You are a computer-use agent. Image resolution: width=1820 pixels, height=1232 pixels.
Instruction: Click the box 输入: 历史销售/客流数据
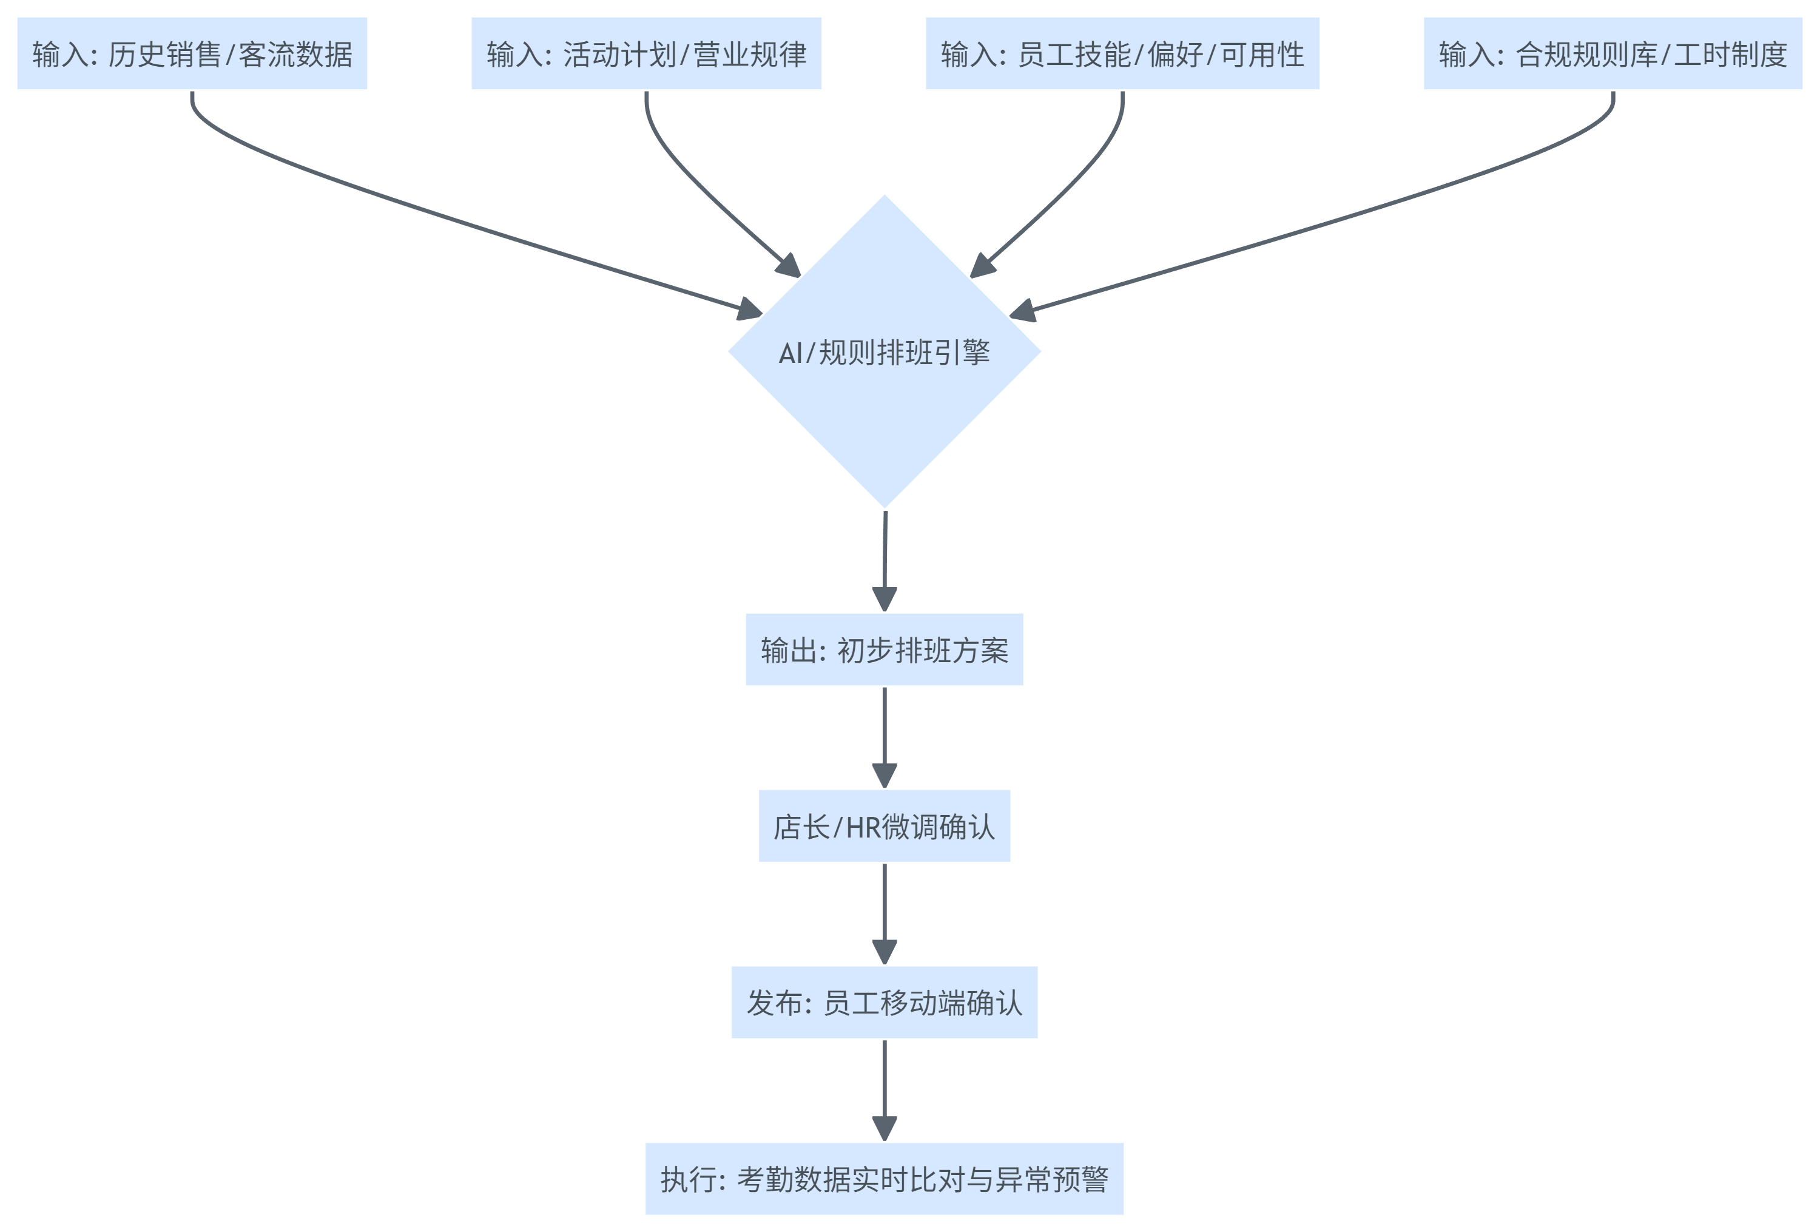[x=192, y=53]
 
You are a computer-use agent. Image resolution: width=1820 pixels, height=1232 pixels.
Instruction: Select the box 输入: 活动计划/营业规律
[x=646, y=53]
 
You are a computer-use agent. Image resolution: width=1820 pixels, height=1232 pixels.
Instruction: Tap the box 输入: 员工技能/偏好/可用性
[x=1122, y=53]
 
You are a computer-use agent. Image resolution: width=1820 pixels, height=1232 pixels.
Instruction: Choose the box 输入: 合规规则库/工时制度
[x=1613, y=53]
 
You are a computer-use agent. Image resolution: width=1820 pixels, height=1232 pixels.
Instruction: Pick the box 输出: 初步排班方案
[x=884, y=649]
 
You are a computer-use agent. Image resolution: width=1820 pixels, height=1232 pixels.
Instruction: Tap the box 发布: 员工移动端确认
[x=884, y=1002]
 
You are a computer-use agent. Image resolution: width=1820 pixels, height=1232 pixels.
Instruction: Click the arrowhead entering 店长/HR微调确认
[x=884, y=776]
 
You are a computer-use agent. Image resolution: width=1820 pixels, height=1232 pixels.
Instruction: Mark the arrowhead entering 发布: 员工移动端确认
[x=884, y=952]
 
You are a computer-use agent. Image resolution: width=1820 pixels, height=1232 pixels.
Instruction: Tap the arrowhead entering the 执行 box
[x=884, y=1129]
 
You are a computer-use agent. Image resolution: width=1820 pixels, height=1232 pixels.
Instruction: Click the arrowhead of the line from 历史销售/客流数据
[x=750, y=310]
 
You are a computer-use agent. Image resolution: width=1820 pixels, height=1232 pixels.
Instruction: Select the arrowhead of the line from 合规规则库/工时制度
[x=1021, y=312]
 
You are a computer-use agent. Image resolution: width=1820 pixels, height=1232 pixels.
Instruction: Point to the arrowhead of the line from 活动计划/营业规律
[x=789, y=266]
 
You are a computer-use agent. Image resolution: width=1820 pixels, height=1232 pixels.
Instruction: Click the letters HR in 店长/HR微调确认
[x=863, y=827]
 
